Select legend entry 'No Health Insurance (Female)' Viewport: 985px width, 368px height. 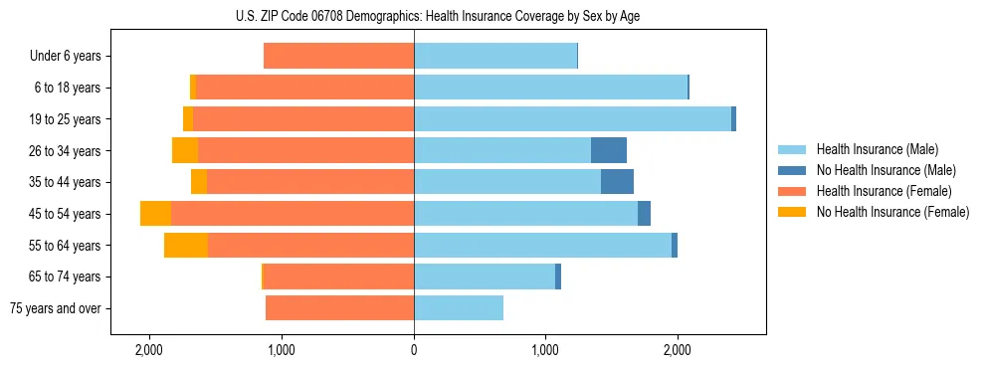(x=892, y=212)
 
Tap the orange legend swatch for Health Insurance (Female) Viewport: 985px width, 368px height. (x=792, y=191)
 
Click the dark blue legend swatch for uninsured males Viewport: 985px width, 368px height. (x=792, y=170)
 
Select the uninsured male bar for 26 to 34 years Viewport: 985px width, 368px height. (x=609, y=150)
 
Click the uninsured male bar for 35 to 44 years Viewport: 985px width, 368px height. (x=617, y=182)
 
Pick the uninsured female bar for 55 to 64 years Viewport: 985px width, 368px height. (x=186, y=245)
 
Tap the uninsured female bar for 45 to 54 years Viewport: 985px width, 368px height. (x=155, y=214)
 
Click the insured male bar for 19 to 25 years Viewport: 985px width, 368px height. (x=572, y=118)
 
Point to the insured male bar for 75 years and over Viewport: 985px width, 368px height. (x=459, y=308)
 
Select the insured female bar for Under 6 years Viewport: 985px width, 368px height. (x=338, y=56)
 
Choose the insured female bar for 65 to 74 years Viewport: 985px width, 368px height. (x=338, y=276)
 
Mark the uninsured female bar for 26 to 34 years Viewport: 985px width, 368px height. (x=185, y=150)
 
